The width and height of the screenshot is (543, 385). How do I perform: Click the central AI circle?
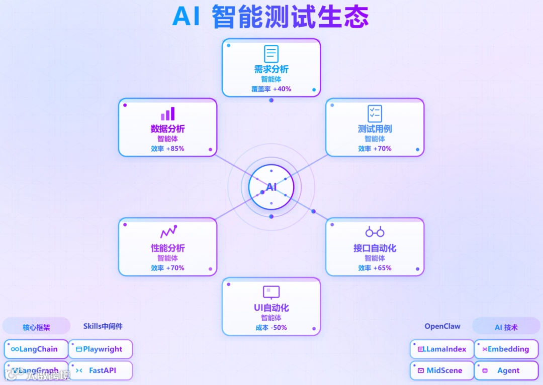pos(271,187)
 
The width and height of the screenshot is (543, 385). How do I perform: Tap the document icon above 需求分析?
pos(271,54)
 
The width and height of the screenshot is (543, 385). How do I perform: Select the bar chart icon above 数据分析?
pos(168,113)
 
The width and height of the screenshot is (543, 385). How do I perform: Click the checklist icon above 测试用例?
pos(375,113)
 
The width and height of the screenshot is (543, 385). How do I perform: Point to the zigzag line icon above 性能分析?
pos(168,231)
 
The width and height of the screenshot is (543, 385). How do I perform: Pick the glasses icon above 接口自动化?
pos(375,232)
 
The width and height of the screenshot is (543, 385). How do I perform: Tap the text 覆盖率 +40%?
pos(271,89)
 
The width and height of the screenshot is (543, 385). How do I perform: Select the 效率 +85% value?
pos(167,149)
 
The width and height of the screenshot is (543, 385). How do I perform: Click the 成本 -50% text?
pos(271,328)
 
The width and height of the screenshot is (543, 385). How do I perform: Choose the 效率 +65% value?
pos(375,268)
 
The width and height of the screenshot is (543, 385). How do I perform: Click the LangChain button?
pos(36,349)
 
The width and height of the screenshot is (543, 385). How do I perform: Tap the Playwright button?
pos(100,349)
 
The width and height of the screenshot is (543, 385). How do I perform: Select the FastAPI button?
pos(100,370)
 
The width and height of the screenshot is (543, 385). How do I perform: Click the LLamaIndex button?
pos(442,349)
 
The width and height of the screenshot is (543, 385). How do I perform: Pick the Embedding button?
pos(506,349)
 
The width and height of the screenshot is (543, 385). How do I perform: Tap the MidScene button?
pos(442,370)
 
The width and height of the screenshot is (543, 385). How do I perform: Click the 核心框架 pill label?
pos(36,327)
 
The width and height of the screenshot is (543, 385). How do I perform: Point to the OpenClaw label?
pos(442,326)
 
